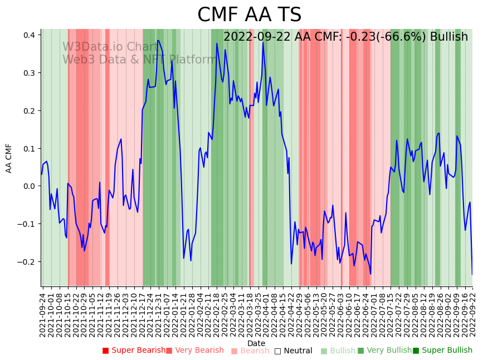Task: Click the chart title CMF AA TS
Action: click(249, 15)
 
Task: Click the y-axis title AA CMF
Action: click(9, 158)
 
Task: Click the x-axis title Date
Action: click(256, 343)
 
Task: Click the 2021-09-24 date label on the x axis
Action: click(42, 312)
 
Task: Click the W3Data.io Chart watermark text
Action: click(110, 47)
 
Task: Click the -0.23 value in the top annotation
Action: click(356, 37)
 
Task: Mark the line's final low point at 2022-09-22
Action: click(472, 274)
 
